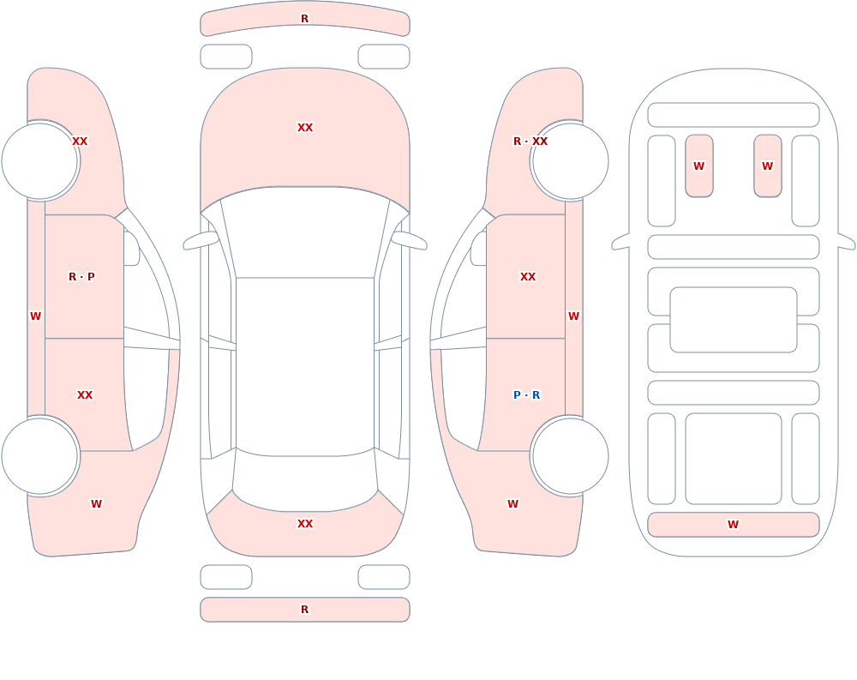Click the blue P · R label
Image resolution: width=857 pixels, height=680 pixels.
526,395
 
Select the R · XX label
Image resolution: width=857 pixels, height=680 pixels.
530,141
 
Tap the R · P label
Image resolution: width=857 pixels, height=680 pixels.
81,277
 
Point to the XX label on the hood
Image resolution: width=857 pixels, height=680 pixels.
305,128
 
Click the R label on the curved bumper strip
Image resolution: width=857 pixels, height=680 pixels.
305,19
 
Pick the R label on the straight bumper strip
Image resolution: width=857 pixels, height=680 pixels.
305,610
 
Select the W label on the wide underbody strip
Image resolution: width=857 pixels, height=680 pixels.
733,525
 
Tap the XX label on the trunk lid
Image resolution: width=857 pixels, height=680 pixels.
305,524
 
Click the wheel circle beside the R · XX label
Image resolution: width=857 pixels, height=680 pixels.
570,161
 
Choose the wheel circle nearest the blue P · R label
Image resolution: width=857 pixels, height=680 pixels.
570,455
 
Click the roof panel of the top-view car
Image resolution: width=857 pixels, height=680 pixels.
305,366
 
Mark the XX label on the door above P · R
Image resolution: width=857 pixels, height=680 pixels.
528,277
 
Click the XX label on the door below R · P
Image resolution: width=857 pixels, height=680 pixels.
85,395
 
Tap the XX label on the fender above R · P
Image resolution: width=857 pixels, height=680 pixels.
80,141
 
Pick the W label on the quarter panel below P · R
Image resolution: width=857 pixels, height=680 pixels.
512,504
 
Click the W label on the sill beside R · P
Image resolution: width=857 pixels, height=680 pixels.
35,316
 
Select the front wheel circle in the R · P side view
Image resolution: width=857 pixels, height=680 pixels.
40,161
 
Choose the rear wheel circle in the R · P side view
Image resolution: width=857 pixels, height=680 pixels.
40,455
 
